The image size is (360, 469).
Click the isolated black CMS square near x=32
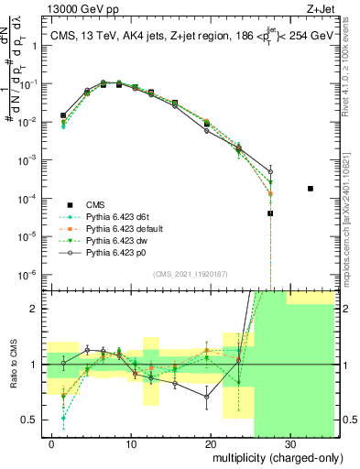[x=311, y=189]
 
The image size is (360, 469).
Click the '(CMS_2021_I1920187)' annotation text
[x=189, y=273]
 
